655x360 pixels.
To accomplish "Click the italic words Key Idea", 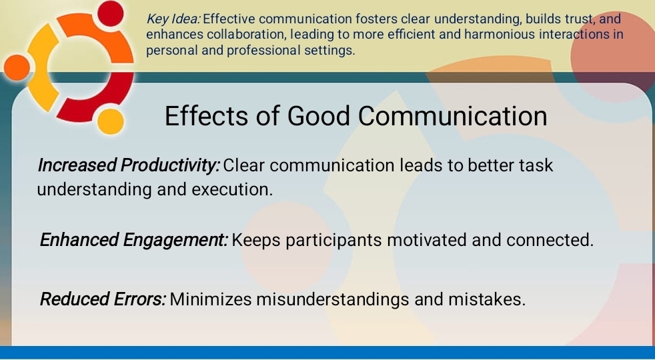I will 173,19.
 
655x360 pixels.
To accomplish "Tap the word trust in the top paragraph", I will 578,19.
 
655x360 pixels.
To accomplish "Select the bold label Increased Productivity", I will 128,165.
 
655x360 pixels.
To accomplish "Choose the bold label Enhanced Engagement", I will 133,239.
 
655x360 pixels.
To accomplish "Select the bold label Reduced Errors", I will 103,299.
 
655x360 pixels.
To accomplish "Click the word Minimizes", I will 211,299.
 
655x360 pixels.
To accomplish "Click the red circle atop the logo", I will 110,13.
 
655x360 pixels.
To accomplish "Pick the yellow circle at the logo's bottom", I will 111,121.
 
